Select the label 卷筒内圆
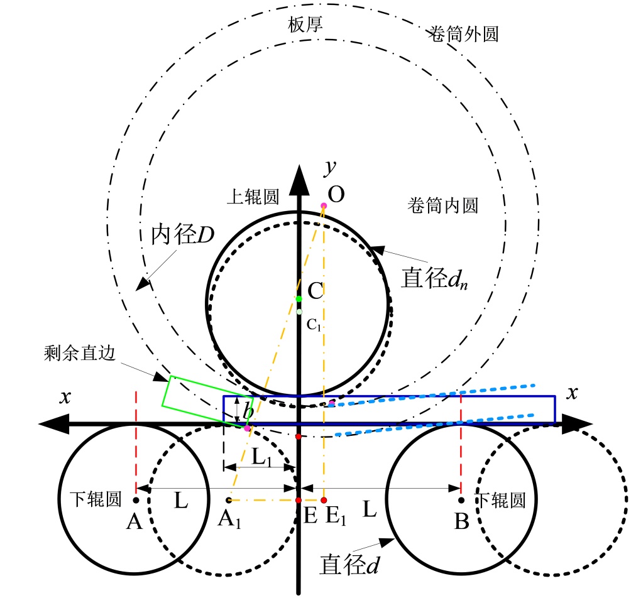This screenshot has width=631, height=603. tap(444, 205)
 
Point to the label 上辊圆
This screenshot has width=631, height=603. tap(252, 197)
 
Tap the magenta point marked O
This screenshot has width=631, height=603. tap(324, 206)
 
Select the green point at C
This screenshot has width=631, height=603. tap(299, 298)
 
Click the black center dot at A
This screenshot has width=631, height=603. tap(136, 501)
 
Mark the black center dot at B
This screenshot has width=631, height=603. tap(461, 501)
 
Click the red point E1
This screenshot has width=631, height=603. tap(324, 501)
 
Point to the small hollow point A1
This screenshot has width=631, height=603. tap(229, 501)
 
